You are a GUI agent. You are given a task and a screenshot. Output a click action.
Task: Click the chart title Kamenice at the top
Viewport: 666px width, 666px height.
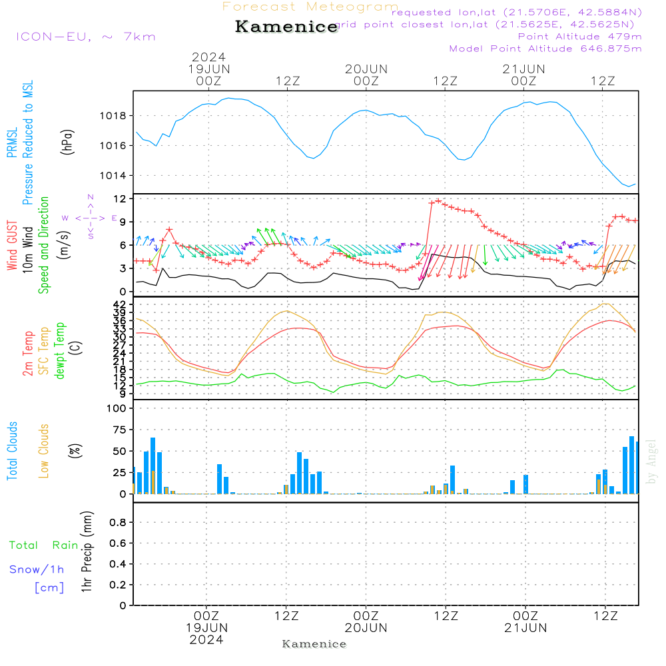click(x=286, y=27)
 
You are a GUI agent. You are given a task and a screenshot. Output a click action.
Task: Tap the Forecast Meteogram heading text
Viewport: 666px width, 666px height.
click(x=310, y=7)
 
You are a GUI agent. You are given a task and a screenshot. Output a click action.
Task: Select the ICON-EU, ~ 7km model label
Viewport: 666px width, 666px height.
click(x=85, y=37)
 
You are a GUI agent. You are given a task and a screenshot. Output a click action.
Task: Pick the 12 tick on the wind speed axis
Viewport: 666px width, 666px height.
click(x=120, y=199)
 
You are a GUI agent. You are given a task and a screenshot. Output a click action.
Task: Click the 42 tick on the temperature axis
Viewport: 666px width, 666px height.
click(x=120, y=305)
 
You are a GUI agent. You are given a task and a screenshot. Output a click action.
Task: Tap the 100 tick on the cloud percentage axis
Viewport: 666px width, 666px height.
click(x=117, y=408)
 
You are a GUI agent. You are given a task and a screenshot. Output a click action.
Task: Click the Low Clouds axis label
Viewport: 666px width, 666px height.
click(x=44, y=451)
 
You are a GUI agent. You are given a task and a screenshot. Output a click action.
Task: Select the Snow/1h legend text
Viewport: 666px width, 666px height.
click(x=37, y=569)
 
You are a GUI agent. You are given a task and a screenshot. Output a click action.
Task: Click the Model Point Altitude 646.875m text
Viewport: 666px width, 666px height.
click(x=545, y=49)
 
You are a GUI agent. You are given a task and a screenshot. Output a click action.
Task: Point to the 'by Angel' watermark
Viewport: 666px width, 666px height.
click(x=651, y=462)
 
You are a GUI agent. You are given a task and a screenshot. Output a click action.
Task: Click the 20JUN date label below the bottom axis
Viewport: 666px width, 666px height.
click(x=366, y=628)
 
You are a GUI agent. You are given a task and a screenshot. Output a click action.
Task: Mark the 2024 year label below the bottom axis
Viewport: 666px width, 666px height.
click(x=206, y=639)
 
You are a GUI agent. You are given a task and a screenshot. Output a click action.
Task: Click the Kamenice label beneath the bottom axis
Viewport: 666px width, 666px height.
click(x=314, y=644)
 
